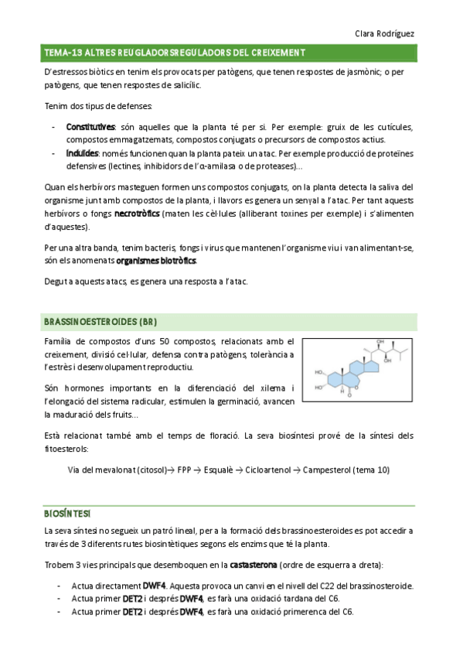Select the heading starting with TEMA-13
coord(174,53)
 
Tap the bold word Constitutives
coord(90,127)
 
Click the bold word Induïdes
coord(82,154)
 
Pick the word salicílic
coord(181,84)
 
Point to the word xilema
coord(274,388)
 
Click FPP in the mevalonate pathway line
coord(185,470)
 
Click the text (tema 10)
coord(376,470)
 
